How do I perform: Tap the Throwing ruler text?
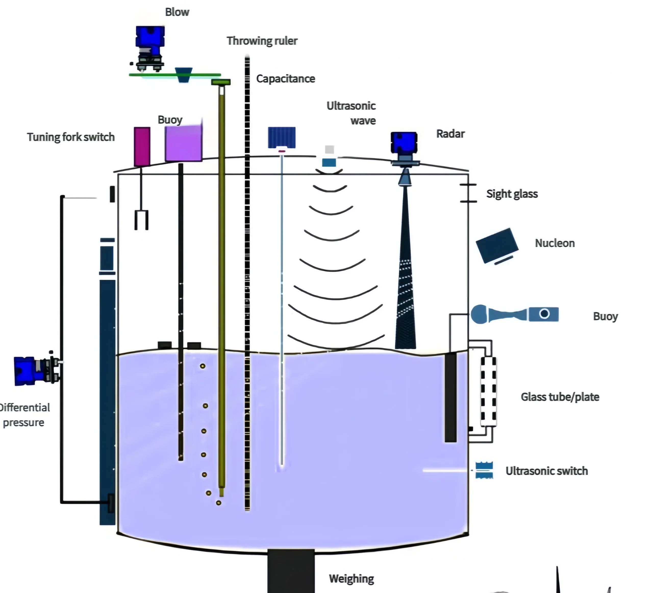[262, 41]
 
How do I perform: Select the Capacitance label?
[285, 79]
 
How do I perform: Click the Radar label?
[450, 134]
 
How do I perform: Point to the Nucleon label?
[555, 243]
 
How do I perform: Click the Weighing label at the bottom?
[351, 578]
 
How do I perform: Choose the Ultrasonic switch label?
[546, 471]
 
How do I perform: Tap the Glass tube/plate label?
[560, 397]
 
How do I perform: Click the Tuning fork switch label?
[71, 137]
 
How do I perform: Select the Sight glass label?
[512, 194]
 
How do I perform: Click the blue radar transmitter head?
[404, 143]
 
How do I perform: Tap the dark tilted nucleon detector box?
[497, 245]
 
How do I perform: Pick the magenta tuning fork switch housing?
[142, 147]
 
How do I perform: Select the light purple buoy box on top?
[183, 143]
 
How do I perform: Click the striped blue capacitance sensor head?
[281, 137]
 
